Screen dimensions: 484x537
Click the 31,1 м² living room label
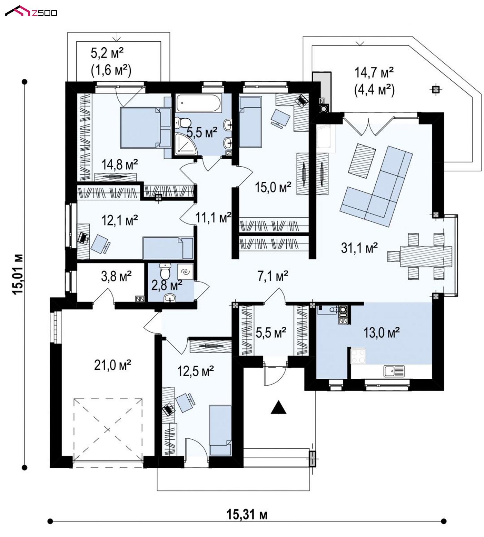pyautogui.click(x=359, y=247)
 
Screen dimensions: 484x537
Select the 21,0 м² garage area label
pyautogui.click(x=112, y=365)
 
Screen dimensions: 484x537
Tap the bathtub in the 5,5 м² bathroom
pyautogui.click(x=198, y=103)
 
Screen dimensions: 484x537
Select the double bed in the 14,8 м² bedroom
pyautogui.click(x=145, y=128)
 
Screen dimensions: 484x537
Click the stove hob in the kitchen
pyautogui.click(x=358, y=356)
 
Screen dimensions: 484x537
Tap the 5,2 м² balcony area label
pyautogui.click(x=107, y=53)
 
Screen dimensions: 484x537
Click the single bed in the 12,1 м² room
pyautogui.click(x=168, y=248)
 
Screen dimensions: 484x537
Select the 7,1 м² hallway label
pyautogui.click(x=273, y=276)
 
